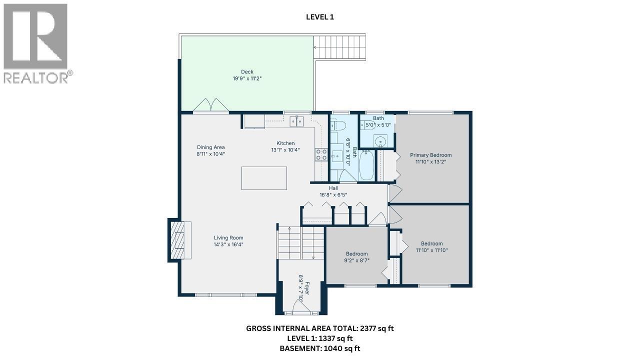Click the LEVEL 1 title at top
pyautogui.click(x=319, y=17)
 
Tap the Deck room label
pyautogui.click(x=247, y=71)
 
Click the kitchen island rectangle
pyautogui.click(x=264, y=178)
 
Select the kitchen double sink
pyautogui.click(x=296, y=121)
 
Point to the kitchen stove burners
pyautogui.click(x=320, y=154)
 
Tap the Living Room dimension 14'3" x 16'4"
pyautogui.click(x=228, y=244)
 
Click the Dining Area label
pyautogui.click(x=210, y=147)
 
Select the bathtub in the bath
pyautogui.click(x=366, y=165)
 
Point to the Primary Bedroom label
pyautogui.click(x=430, y=155)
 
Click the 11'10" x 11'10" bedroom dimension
pyautogui.click(x=431, y=250)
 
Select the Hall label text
pyautogui.click(x=333, y=188)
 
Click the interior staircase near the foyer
pyautogui.click(x=301, y=242)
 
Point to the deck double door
pyautogui.click(x=211, y=105)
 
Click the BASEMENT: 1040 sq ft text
pyautogui.click(x=319, y=348)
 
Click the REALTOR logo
pyautogui.click(x=36, y=43)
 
